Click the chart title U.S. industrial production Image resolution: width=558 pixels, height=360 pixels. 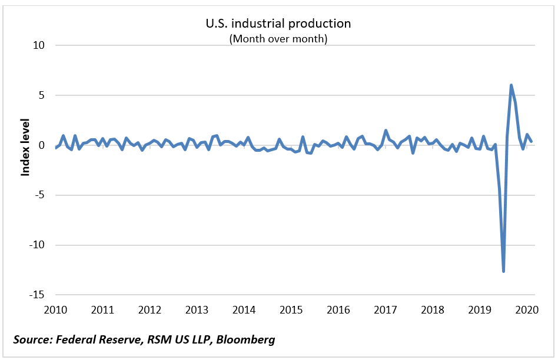[278, 24]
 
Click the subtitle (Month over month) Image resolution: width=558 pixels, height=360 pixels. [278, 39]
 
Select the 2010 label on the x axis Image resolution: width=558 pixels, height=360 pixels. [56, 310]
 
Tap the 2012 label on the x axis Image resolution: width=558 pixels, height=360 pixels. [150, 310]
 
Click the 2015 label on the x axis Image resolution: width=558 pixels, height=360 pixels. [291, 310]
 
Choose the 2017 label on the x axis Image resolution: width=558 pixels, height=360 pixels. [386, 310]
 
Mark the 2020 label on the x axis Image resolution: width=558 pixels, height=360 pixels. [527, 310]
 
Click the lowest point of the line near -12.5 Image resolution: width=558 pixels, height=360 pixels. [504, 271]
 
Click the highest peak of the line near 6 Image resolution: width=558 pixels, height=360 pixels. [511, 85]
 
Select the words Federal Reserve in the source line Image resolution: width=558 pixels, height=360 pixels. [97, 339]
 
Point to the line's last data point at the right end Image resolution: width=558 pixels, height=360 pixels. [532, 141]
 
